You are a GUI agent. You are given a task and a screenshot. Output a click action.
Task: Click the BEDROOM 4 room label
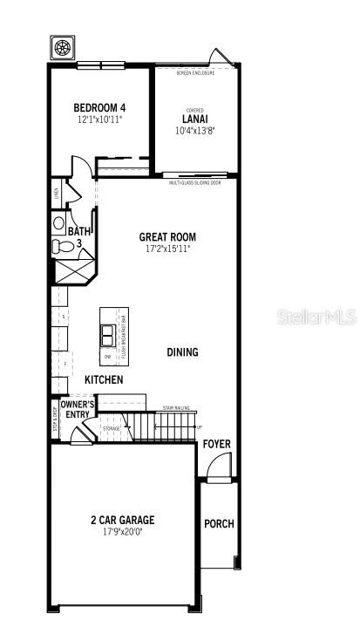click(99, 107)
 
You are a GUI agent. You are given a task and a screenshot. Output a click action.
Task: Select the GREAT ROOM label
click(167, 236)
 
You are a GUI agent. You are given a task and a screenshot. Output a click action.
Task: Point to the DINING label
click(182, 352)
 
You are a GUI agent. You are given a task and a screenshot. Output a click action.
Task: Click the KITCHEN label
click(103, 380)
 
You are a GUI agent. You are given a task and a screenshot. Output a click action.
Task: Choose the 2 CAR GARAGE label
click(122, 520)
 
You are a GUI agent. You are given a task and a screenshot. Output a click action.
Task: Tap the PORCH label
click(219, 524)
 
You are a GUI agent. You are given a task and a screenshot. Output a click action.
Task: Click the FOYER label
click(217, 444)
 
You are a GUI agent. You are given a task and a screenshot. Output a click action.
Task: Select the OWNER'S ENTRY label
click(78, 409)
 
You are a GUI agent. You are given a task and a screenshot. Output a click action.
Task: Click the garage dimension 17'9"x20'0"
click(122, 532)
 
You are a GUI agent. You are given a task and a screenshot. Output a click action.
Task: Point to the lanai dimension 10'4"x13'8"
click(194, 131)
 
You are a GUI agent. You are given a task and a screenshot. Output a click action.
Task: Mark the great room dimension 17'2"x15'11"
click(167, 249)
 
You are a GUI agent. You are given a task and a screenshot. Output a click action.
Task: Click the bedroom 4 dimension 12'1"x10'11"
click(99, 119)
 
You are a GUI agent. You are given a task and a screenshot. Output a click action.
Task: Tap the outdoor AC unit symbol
click(62, 47)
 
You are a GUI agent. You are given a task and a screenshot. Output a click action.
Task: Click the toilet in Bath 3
click(62, 247)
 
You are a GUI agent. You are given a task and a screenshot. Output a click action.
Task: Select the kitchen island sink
click(108, 334)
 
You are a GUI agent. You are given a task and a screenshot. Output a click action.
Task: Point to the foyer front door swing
click(218, 468)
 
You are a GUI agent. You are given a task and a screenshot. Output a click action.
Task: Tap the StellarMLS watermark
click(316, 316)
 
